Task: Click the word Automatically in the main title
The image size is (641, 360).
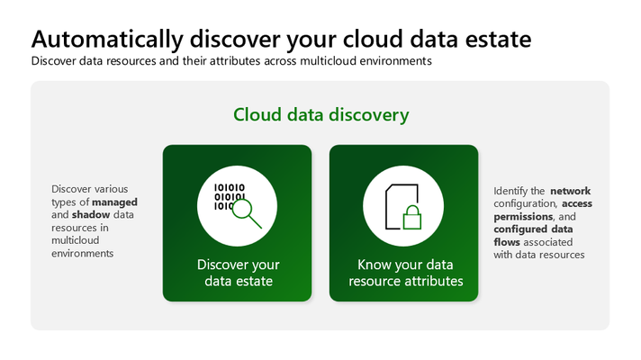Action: coord(107,40)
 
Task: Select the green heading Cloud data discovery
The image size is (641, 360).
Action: coord(320,115)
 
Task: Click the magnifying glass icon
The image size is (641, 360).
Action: coord(247,212)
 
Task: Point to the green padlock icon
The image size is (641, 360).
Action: coord(412,217)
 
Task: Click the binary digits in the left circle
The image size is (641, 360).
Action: coord(230,196)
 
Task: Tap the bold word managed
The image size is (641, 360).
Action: coord(114,202)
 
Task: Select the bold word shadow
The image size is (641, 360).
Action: coord(91,215)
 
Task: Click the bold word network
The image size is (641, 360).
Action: coord(570,191)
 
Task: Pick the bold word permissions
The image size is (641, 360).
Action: coord(523,217)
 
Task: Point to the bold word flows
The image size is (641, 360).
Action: coord(507,242)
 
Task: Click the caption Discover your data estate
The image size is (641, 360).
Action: coord(239,273)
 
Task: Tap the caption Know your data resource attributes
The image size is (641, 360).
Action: coord(405,273)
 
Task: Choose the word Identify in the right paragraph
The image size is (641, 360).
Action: coord(510,191)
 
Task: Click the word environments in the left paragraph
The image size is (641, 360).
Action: coord(83,253)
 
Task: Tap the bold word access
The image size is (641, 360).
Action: coord(577,203)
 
